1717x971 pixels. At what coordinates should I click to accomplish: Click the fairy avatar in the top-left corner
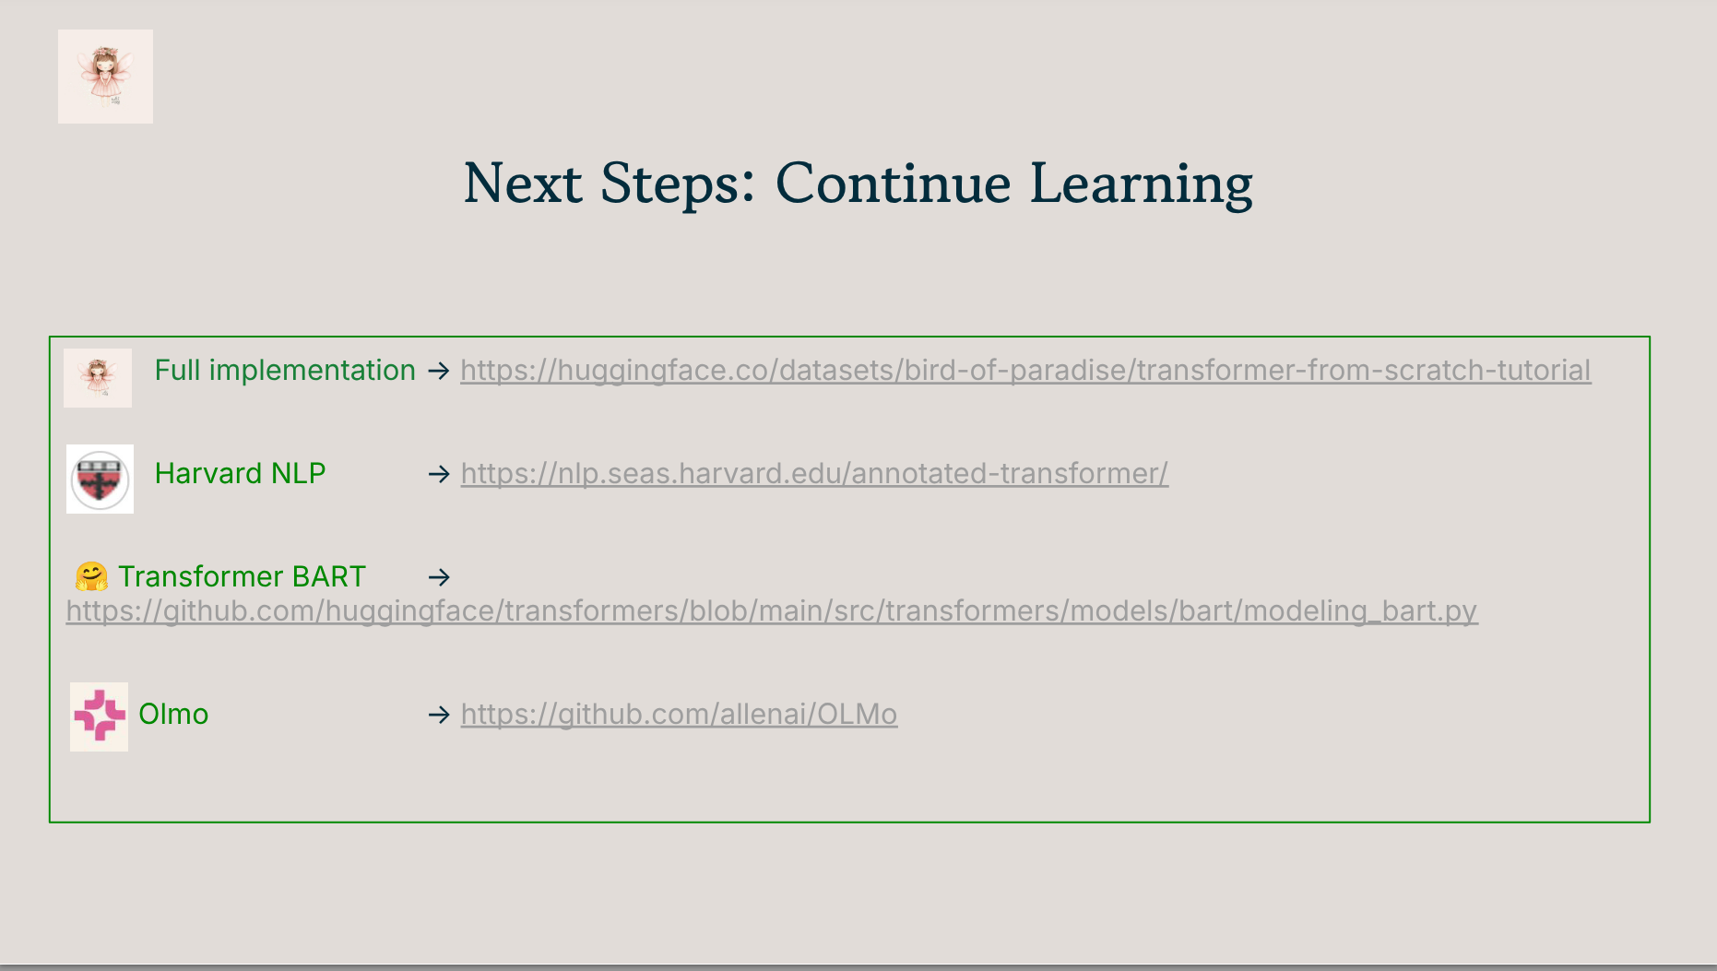[105, 77]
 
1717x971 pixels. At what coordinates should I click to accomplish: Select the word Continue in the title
[893, 184]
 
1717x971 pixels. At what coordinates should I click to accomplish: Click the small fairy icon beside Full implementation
[98, 378]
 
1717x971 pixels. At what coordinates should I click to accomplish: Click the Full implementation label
[285, 371]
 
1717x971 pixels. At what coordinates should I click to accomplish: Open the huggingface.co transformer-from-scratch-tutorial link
[1025, 371]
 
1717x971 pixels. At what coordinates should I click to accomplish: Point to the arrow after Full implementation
[439, 371]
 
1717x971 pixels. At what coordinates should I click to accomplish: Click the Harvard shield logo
[100, 480]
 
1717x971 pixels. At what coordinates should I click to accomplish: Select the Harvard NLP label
[240, 473]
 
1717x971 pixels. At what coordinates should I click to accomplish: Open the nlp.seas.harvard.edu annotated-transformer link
[814, 474]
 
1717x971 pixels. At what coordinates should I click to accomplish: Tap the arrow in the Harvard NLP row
[439, 474]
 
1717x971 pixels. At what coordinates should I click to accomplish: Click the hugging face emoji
[91, 577]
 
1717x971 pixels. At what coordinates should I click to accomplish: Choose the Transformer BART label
[242, 577]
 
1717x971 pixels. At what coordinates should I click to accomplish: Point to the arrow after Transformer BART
[439, 577]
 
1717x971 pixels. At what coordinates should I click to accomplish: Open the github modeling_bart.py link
[772, 611]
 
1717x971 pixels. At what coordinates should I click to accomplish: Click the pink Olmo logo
[100, 716]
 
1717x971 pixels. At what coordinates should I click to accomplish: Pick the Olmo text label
[173, 715]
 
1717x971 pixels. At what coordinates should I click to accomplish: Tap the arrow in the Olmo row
[439, 715]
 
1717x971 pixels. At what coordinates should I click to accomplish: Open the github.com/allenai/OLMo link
[679, 715]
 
